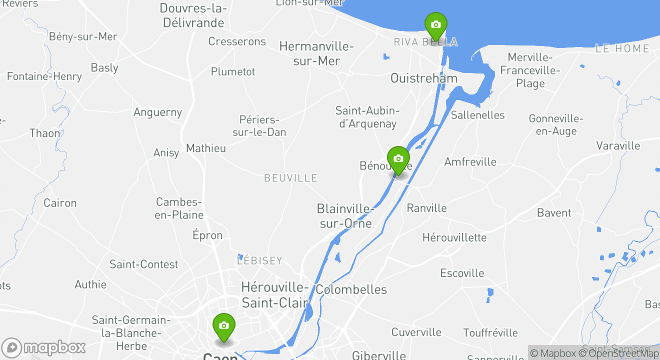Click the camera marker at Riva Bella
click(435, 25)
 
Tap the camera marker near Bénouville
click(398, 159)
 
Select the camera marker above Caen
click(223, 326)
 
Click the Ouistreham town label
click(423, 78)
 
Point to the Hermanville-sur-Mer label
click(316, 54)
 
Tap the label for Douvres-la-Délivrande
click(192, 15)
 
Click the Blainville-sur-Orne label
click(345, 216)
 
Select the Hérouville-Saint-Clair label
click(275, 295)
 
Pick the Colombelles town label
click(351, 289)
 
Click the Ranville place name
click(426, 208)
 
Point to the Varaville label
click(618, 146)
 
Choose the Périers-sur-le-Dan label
click(259, 126)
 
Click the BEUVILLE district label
click(290, 178)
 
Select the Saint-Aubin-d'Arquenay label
click(367, 117)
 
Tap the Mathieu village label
click(205, 148)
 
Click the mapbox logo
click(44, 347)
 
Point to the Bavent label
click(554, 213)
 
